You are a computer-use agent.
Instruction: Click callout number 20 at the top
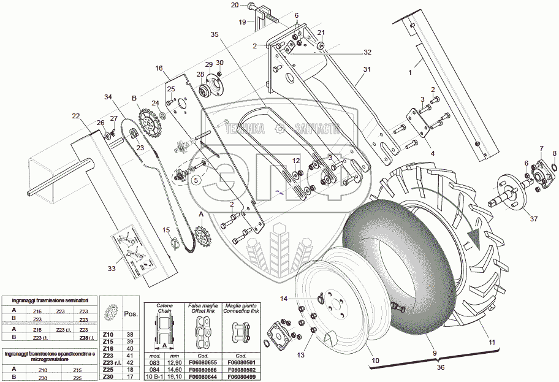click(x=235, y=5)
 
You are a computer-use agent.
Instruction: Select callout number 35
click(x=214, y=34)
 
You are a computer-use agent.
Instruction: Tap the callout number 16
click(x=159, y=68)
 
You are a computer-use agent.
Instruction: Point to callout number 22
click(x=75, y=116)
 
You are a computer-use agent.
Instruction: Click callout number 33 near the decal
click(x=110, y=267)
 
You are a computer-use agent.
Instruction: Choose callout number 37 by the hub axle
click(x=533, y=220)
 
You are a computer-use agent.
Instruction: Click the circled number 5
click(x=196, y=180)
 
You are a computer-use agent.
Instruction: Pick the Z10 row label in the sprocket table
click(x=108, y=335)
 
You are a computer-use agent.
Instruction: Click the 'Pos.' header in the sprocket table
click(x=131, y=313)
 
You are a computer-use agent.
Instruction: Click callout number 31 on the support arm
click(x=366, y=69)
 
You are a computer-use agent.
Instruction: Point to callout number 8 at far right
click(x=554, y=153)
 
